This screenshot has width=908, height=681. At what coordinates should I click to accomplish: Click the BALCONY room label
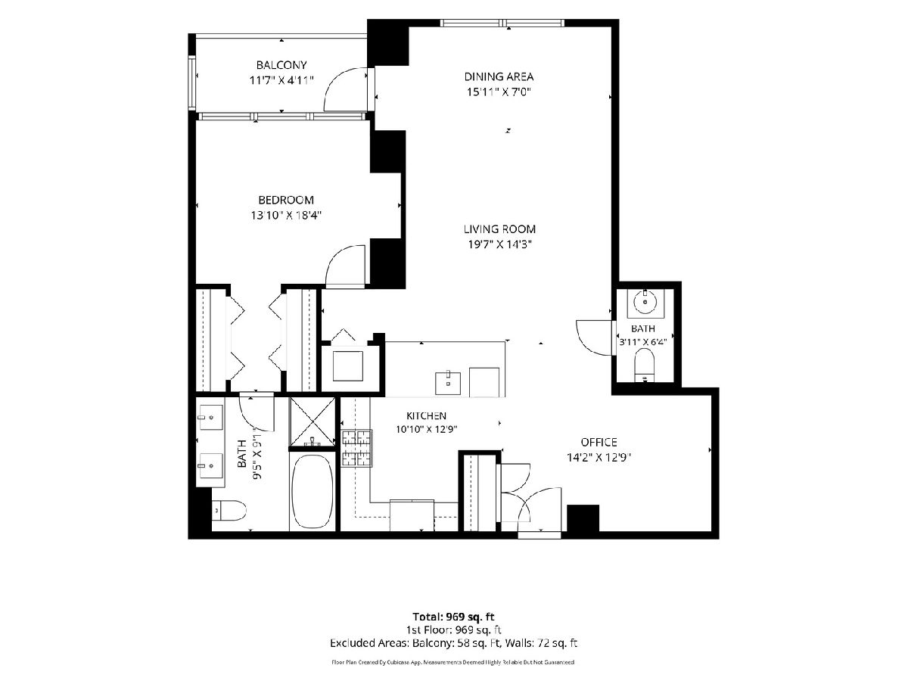click(x=281, y=65)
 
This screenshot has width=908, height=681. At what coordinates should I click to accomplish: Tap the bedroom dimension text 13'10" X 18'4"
click(x=286, y=216)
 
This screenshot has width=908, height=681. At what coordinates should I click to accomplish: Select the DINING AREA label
click(x=499, y=76)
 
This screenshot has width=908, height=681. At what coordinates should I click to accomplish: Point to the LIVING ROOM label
click(x=499, y=229)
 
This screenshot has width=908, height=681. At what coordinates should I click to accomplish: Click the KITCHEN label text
click(x=426, y=415)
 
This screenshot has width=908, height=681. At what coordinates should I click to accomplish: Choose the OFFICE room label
click(x=599, y=442)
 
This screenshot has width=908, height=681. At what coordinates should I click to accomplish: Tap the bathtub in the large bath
click(x=313, y=491)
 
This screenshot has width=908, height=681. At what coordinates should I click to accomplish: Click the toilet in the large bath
click(x=229, y=510)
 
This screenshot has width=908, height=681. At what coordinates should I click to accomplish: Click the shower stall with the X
click(x=312, y=421)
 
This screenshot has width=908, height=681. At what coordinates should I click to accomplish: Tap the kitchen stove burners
click(x=356, y=449)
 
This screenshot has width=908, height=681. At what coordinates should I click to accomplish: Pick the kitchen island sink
click(x=448, y=384)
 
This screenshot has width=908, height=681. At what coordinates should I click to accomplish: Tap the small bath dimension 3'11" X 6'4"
click(x=643, y=342)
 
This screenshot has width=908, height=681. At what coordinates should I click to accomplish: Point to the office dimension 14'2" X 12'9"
click(x=599, y=457)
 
